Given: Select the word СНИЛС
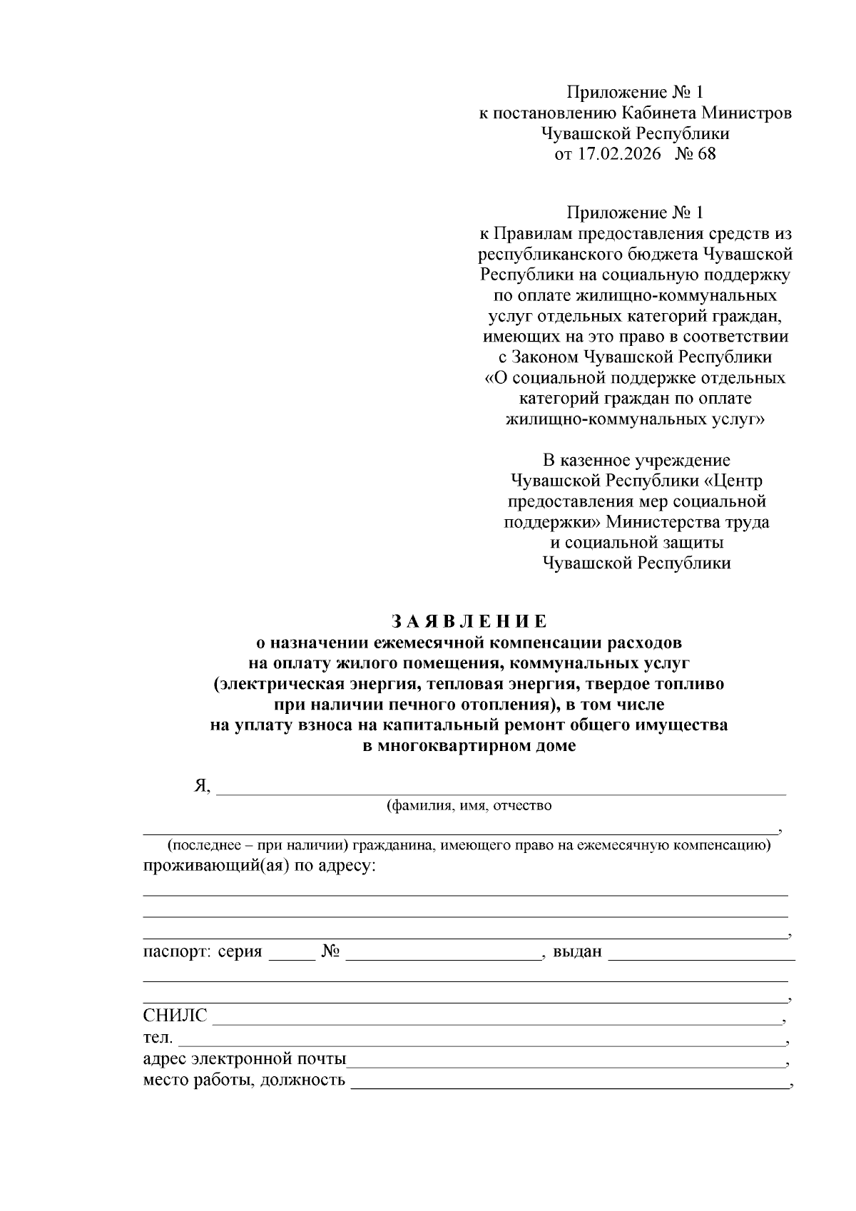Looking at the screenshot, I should click(175, 1016).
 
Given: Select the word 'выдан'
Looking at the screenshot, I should click(577, 951).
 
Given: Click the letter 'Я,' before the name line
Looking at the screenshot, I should click(203, 786).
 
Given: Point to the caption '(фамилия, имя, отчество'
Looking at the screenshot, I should click(469, 807).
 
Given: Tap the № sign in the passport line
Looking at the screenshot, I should click(330, 951).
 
